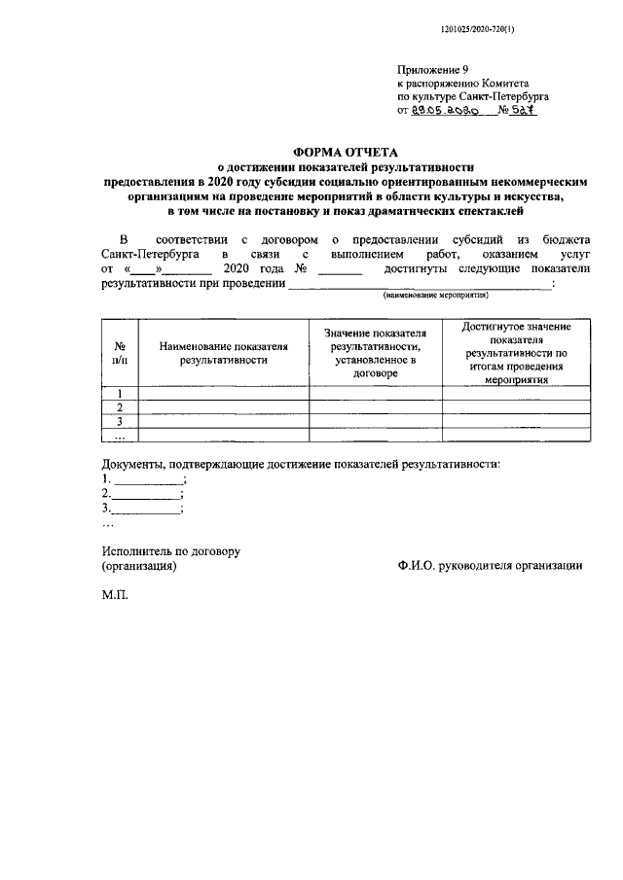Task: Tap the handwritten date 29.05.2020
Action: coord(445,112)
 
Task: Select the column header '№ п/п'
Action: coord(118,353)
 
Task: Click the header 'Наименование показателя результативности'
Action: coord(223,353)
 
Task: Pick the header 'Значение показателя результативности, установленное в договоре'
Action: coord(376,353)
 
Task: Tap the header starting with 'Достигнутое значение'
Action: coord(516,353)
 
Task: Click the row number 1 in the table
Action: coord(118,394)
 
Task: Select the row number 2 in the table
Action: coord(118,407)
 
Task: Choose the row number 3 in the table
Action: coord(118,421)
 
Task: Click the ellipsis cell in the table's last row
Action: coord(118,435)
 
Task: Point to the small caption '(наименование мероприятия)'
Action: coord(435,295)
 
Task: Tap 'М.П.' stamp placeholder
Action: coord(115,592)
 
